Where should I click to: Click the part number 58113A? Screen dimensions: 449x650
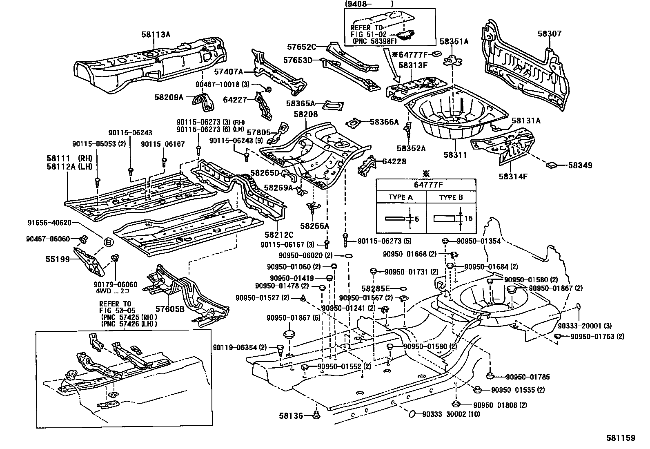click(156, 34)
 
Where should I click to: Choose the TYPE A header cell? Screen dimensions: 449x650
click(400, 197)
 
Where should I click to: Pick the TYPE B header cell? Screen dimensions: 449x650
click(451, 197)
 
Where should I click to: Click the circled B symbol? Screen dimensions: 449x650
click(108, 243)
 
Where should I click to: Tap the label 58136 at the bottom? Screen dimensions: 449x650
click(292, 416)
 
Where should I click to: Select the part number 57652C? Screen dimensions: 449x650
click(302, 47)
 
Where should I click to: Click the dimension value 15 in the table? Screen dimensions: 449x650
click(468, 219)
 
